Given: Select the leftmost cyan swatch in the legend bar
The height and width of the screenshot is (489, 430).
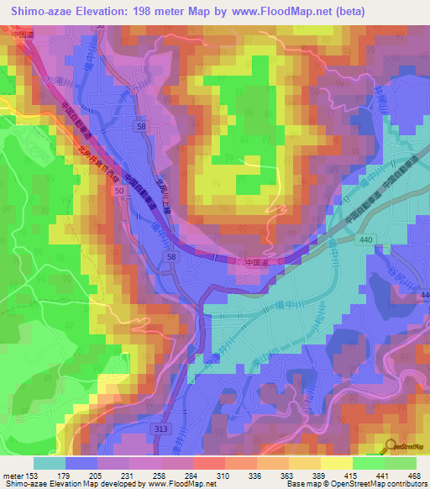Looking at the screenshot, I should [49, 463].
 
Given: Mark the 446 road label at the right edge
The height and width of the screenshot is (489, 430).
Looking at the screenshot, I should [424, 295].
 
